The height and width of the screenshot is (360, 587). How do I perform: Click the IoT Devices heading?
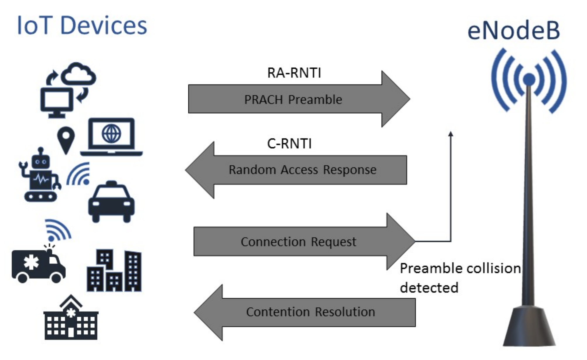point(82,26)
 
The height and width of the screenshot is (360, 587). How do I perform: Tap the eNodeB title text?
point(514,30)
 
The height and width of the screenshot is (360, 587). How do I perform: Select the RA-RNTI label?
point(294,73)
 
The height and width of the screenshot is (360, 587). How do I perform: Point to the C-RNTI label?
point(289,143)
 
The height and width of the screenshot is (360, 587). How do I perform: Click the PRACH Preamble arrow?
point(299,99)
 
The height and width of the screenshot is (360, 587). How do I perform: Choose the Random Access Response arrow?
point(296,170)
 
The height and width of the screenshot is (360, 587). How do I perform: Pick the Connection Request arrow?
point(304,241)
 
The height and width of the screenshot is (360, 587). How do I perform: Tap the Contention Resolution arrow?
point(304,313)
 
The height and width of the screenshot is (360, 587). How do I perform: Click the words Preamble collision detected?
point(460,278)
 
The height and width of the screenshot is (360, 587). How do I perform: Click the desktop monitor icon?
point(57,103)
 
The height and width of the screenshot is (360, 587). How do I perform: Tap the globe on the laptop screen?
point(111,134)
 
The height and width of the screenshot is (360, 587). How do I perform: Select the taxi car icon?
point(111,202)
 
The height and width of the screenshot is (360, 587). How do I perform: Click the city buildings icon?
point(114,270)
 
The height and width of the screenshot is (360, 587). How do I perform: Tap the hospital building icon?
point(71,317)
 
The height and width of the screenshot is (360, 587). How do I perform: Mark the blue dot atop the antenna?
point(529,79)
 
